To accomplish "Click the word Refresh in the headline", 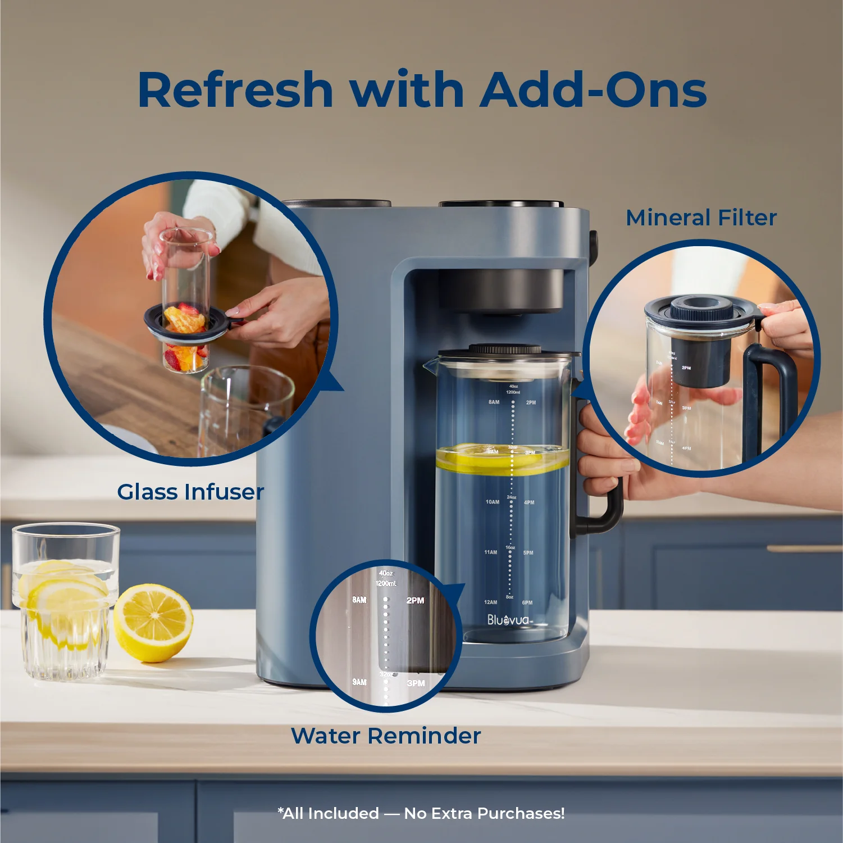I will (x=235, y=90).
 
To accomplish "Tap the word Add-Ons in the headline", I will (x=593, y=90).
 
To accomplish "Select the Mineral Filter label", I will (x=701, y=217).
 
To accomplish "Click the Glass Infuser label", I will (x=190, y=492).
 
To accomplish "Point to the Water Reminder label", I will (x=386, y=736).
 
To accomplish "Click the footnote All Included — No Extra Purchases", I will (x=421, y=813).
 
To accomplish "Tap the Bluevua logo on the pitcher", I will (x=509, y=620).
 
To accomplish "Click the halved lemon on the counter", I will (x=153, y=622).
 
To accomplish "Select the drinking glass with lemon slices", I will (x=66, y=601).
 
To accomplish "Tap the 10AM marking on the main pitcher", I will (x=492, y=502).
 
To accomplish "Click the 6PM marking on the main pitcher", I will (x=527, y=602).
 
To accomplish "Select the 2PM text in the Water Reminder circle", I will (x=415, y=600).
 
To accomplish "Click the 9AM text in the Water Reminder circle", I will (x=359, y=682).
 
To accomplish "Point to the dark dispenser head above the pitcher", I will (x=501, y=289).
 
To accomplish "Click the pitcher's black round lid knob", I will (x=505, y=349).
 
